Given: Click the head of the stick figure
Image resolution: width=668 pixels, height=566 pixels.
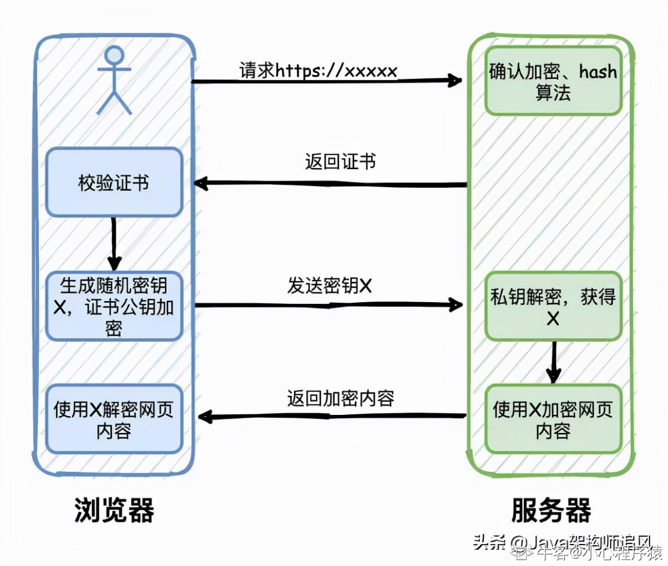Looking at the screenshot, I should click(114, 55).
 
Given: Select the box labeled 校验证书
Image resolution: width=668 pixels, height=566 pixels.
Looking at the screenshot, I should click(114, 182).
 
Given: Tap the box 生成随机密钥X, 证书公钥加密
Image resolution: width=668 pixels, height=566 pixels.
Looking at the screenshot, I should click(114, 306).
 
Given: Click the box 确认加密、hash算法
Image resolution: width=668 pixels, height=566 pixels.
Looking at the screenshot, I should click(552, 81).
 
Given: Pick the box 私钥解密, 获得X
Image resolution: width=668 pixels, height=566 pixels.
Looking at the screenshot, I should click(552, 306).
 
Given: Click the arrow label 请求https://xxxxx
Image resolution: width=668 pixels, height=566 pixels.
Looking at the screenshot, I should click(318, 70).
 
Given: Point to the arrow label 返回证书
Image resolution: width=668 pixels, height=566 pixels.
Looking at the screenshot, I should click(340, 161).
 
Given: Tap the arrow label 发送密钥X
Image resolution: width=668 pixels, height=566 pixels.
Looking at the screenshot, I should click(329, 285).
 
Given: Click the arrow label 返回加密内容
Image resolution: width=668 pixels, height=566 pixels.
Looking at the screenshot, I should click(340, 398).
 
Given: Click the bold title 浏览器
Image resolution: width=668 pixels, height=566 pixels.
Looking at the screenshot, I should click(114, 511).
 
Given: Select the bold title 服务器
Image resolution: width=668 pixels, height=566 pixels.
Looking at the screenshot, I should click(551, 511).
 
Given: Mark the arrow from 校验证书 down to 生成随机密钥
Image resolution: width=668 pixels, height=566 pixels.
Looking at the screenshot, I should click(114, 242).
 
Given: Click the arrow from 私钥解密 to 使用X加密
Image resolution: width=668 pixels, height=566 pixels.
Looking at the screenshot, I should click(554, 361).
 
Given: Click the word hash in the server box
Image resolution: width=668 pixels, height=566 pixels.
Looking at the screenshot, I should click(598, 72).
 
